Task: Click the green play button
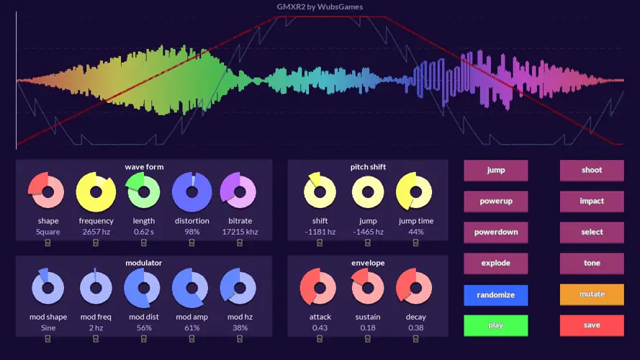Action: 495,325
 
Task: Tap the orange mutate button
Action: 592,294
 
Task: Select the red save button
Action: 592,325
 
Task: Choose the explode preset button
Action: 495,264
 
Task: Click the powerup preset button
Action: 495,202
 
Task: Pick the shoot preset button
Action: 592,171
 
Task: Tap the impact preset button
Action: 592,202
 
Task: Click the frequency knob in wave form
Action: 96,192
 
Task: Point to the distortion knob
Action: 191,192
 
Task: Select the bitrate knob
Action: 240,192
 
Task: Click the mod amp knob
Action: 191,288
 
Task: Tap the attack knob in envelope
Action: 320,288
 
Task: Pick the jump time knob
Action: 415,192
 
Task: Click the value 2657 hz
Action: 96,232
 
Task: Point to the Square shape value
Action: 48,232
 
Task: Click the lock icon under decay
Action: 415,339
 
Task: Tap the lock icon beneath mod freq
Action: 96,339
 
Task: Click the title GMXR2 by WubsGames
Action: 320,7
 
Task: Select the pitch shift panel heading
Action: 368,167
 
